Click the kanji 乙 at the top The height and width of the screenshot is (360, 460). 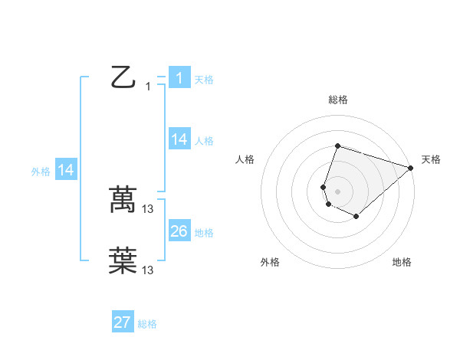[x=123, y=77]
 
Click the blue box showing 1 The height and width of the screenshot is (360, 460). [x=179, y=78]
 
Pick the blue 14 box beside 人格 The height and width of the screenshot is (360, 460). [x=179, y=139]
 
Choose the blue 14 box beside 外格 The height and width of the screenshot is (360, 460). [x=66, y=171]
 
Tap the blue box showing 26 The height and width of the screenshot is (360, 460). [x=179, y=231]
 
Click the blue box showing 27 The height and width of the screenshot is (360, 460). [x=123, y=322]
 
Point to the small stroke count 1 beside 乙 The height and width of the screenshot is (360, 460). [x=148, y=87]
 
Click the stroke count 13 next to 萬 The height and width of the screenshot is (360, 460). [x=148, y=208]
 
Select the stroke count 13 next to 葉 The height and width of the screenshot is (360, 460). [x=148, y=270]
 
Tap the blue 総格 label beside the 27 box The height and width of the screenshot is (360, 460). [x=147, y=324]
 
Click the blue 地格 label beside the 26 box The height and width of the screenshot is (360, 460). [x=204, y=233]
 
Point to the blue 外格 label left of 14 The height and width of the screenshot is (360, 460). [x=41, y=172]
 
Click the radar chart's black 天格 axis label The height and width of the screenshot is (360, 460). [x=432, y=159]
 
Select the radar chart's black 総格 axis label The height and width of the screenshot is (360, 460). [x=338, y=100]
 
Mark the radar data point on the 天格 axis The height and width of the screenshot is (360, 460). [x=411, y=168]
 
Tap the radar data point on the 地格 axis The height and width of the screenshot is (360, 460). [x=356, y=217]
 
